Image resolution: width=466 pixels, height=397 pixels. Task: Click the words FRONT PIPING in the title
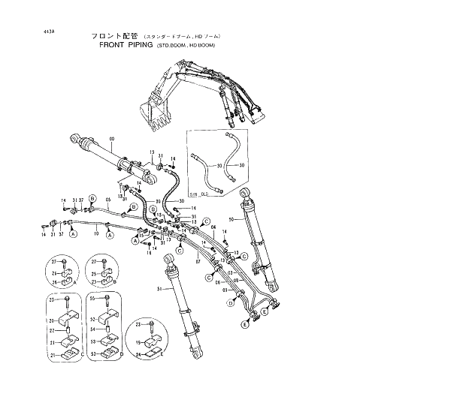(x=126, y=45)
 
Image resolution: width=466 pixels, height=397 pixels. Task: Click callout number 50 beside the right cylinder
(x=231, y=220)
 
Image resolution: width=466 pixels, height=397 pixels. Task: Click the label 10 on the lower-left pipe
(x=96, y=233)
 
